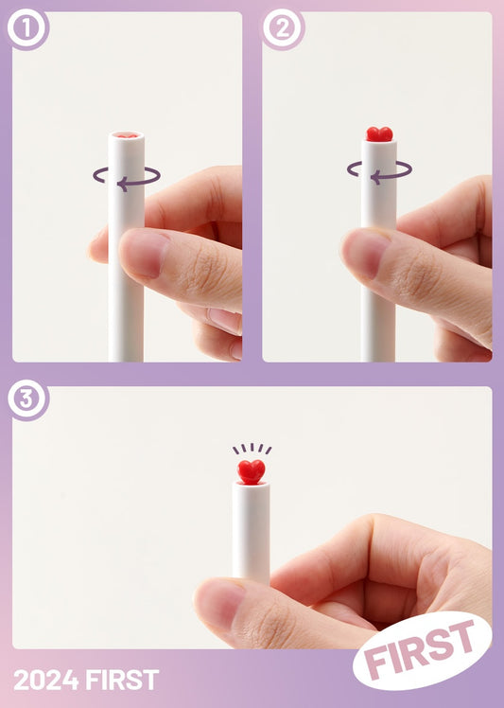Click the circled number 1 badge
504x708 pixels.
27,28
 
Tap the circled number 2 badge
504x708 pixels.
283,28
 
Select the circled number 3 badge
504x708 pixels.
27,399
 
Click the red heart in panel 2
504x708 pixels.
379,134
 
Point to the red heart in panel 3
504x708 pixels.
252,472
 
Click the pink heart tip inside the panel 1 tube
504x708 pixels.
127,135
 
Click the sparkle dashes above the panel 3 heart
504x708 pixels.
252,449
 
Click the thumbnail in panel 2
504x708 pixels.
366,254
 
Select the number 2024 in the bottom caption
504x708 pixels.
45,680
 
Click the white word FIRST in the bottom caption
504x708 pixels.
122,680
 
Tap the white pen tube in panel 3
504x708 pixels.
252,531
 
